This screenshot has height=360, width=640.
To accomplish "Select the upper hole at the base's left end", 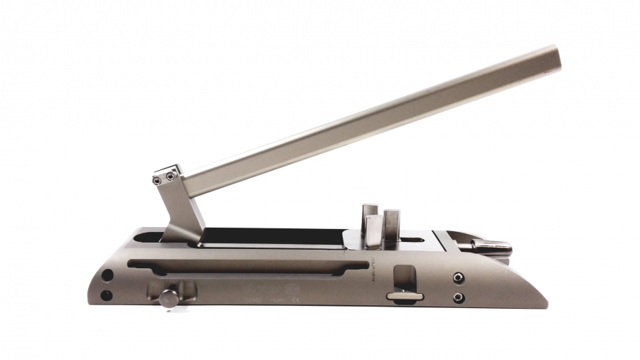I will [x=107, y=275].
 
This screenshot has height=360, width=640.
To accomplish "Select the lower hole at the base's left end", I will [x=107, y=295].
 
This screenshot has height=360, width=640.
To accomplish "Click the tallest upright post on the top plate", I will [x=392, y=228].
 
